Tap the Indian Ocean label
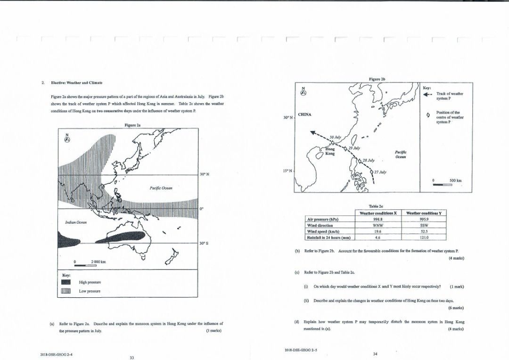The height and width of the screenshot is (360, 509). [75, 222]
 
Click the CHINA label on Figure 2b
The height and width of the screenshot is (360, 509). [307, 114]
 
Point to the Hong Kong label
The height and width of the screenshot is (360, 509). [330, 152]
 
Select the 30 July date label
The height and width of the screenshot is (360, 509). [335, 136]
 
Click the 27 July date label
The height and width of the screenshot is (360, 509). [380, 172]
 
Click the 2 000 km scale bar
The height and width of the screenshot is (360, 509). [86, 266]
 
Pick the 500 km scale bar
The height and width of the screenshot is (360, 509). [443, 185]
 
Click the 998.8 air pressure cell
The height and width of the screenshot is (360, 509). [378, 219]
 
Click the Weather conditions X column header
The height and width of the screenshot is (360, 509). [378, 213]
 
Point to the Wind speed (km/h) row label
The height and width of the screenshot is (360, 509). [323, 231]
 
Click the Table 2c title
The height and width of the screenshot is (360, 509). [376, 206]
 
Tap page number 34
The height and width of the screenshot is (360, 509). [375, 354]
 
